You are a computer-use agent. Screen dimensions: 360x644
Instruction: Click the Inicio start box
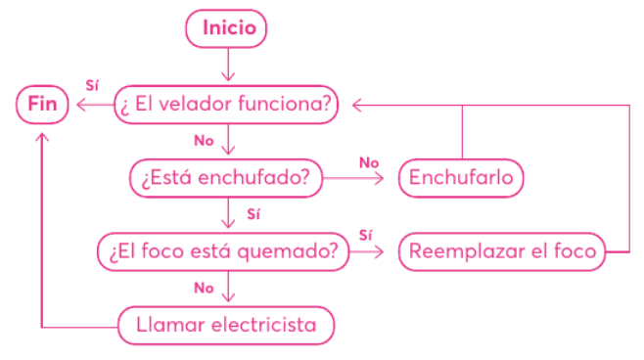coord(229,28)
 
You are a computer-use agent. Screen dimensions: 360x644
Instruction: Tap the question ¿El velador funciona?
coord(227,104)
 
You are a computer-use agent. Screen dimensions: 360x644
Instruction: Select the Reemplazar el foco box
coord(502,250)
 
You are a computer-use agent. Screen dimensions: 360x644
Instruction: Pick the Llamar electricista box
coord(226,325)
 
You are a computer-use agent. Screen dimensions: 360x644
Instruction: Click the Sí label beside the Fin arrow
coord(92,85)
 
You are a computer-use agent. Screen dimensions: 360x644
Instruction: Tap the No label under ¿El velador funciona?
coord(204,141)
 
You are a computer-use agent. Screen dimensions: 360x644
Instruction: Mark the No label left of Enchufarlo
coord(368,160)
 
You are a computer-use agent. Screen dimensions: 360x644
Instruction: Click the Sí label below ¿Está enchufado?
coord(253,213)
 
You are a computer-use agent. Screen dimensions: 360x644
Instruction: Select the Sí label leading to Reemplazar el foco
coord(366,234)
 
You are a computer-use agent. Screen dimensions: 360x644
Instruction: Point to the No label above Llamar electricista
coord(204,288)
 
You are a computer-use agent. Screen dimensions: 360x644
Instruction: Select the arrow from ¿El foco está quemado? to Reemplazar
coord(371,251)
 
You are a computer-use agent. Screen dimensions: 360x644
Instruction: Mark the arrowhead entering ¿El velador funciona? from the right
coord(358,104)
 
